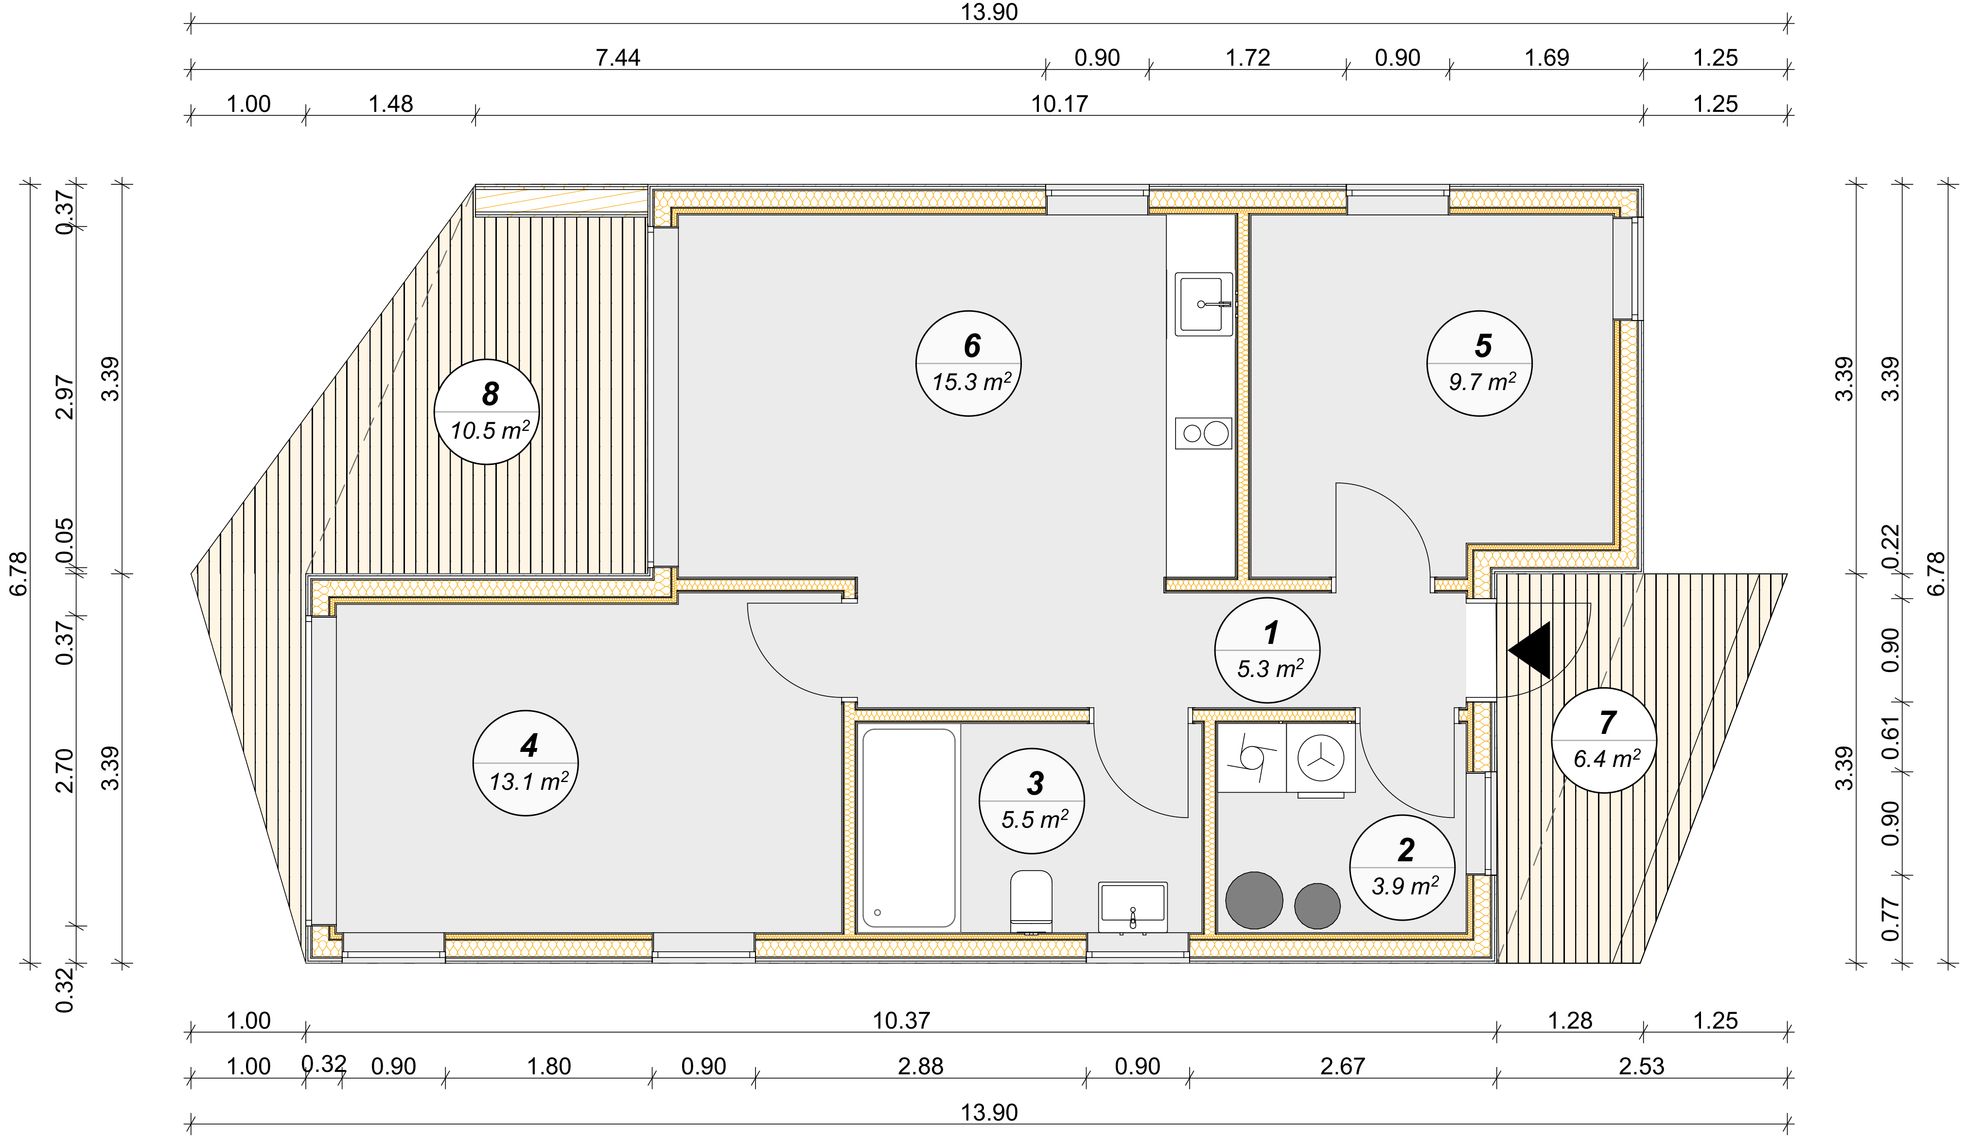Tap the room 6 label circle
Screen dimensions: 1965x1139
point(968,364)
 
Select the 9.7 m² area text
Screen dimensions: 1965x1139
point(1482,382)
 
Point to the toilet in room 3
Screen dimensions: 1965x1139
point(1031,901)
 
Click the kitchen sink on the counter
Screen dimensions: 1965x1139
point(1204,303)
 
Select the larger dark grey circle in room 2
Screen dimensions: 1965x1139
point(1254,900)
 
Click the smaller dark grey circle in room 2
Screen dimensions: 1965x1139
point(1317,906)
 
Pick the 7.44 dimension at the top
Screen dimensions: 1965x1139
point(617,58)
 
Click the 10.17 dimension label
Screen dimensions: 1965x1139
point(1059,104)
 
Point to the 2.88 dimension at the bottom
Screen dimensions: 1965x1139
point(920,1067)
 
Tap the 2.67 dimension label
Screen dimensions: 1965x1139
point(1342,1067)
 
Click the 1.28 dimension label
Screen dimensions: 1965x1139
point(1570,1020)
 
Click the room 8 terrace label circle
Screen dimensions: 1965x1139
point(487,412)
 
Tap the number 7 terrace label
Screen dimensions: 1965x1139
point(1607,722)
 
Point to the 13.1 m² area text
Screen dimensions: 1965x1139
point(528,781)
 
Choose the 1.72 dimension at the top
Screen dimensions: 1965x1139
point(1247,58)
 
